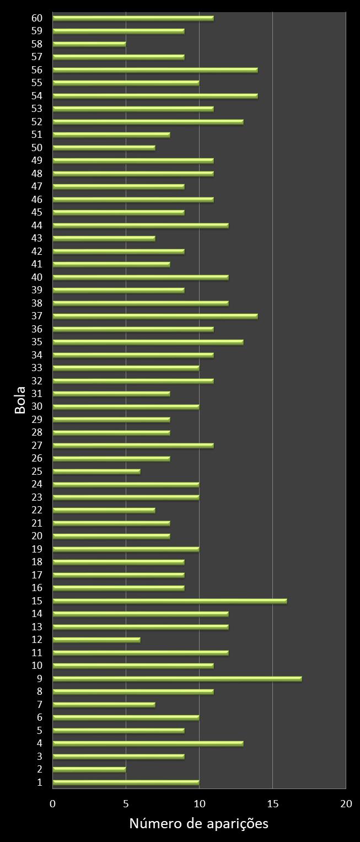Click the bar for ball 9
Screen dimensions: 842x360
[x=177, y=679]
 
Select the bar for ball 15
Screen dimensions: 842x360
[x=170, y=601]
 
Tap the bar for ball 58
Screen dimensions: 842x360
[x=89, y=44]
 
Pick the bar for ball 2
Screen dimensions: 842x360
[x=89, y=769]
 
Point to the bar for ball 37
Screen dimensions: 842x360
[x=155, y=316]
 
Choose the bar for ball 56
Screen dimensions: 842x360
[x=155, y=70]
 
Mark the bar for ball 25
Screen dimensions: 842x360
[x=96, y=471]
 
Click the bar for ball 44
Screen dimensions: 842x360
[x=141, y=226]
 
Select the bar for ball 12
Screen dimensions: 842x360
[x=96, y=640]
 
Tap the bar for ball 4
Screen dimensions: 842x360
[x=148, y=743]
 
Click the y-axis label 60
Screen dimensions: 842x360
[x=37, y=18]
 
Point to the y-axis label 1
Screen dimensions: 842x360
[x=40, y=782]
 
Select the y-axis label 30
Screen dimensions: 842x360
[x=37, y=406]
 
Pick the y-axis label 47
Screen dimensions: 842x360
[x=37, y=186]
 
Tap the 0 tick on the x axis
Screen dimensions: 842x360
[x=53, y=804]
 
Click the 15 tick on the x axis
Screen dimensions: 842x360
[x=272, y=804]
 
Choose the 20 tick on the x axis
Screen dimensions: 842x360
[x=346, y=804]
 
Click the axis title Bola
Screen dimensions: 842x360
[x=20, y=400]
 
